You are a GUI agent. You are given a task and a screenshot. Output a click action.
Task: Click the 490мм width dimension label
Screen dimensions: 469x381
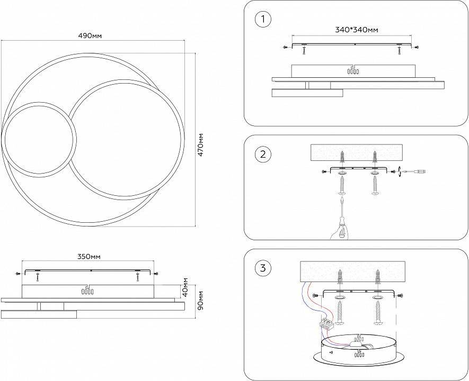coord(90,36)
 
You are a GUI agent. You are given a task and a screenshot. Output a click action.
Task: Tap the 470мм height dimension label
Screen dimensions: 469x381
coord(200,144)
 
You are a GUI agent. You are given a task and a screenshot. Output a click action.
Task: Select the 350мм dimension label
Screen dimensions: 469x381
coord(89,257)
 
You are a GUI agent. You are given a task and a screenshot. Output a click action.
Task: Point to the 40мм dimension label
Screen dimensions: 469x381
coord(185,287)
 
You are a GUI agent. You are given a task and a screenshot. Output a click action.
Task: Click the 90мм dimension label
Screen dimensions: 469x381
coord(200,300)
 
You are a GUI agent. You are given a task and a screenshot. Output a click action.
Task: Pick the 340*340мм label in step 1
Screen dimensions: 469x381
coord(356,30)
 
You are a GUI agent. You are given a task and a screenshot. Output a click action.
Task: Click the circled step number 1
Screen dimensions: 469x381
coord(263,20)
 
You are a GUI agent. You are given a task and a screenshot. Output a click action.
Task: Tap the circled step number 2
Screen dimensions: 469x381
coord(263,155)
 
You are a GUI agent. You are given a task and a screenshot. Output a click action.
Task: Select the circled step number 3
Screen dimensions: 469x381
coord(263,268)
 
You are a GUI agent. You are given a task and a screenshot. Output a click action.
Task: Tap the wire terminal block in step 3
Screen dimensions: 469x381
coord(326,324)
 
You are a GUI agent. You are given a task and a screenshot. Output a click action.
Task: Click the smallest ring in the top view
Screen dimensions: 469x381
coord(39,140)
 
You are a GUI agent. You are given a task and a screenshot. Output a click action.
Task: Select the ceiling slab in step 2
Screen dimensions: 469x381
coord(357,152)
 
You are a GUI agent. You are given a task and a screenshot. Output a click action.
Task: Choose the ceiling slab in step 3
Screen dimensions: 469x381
coord(352,271)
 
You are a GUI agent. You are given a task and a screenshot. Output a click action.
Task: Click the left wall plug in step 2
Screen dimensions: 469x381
coord(342,159)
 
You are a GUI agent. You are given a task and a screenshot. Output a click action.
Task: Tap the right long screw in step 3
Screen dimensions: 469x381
coord(378,313)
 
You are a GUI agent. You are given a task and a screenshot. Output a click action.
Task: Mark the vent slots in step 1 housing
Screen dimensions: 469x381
coord(353,71)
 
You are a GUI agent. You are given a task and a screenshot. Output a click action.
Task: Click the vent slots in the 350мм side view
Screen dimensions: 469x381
coord(87,292)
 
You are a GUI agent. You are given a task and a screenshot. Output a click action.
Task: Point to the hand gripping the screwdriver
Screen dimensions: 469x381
coord(340,232)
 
